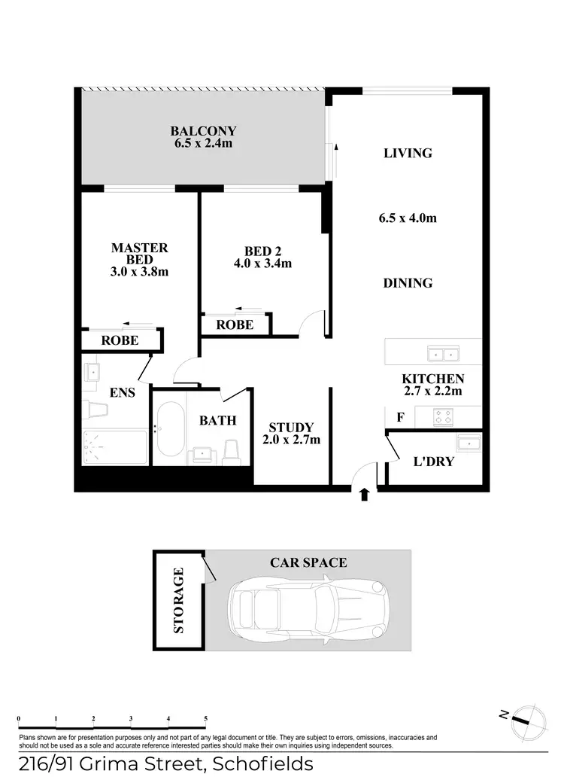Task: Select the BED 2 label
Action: click(x=263, y=251)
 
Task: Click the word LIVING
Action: click(x=408, y=153)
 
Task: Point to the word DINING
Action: click(x=408, y=283)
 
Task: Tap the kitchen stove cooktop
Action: click(x=441, y=416)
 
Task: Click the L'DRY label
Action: click(x=434, y=461)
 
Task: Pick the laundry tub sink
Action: click(x=469, y=443)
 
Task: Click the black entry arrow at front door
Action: click(x=365, y=494)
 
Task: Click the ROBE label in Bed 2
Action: click(x=234, y=324)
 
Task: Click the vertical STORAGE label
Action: click(x=179, y=600)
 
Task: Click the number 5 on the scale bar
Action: click(x=205, y=719)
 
